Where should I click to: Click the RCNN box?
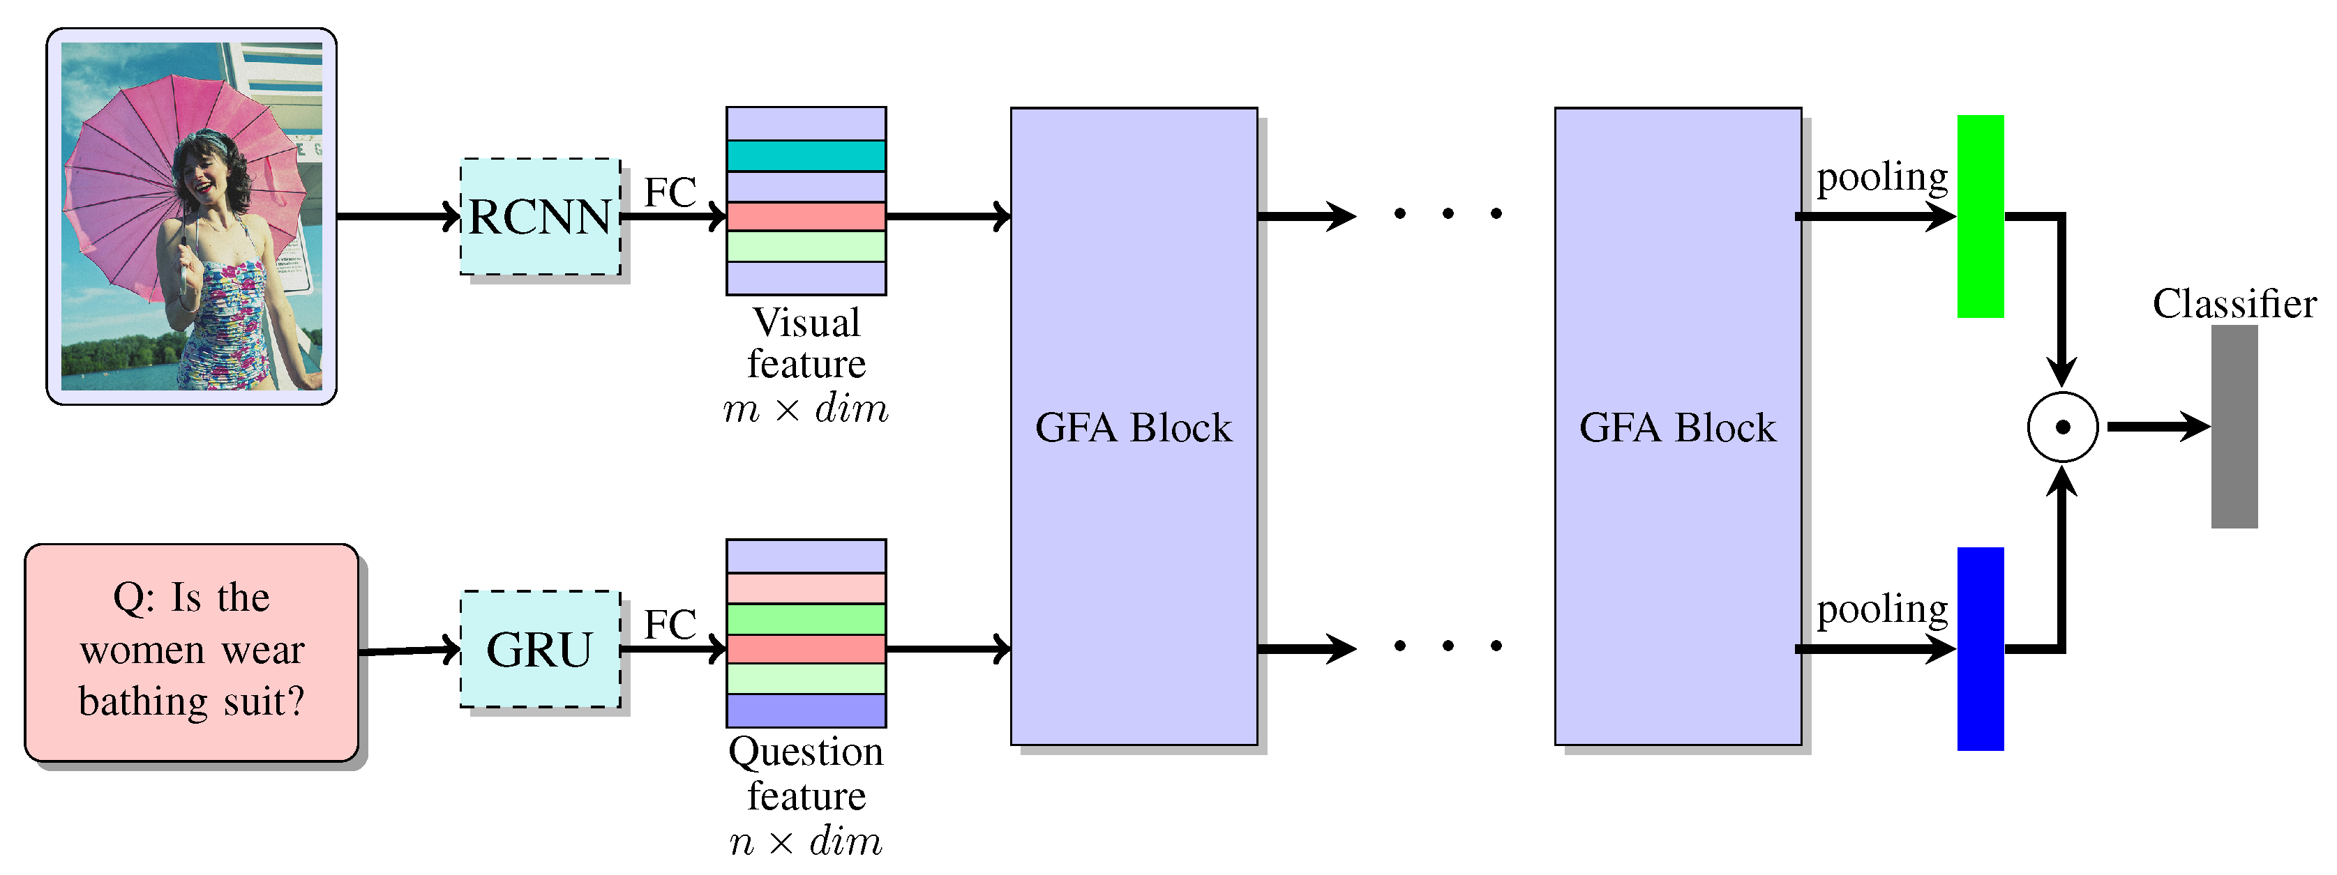[x=541, y=217]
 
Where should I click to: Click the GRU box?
[x=541, y=649]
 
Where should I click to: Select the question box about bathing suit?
[x=191, y=652]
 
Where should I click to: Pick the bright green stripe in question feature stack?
[x=806, y=619]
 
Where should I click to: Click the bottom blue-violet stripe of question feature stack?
[x=806, y=710]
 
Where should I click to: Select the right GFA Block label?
[x=1678, y=428]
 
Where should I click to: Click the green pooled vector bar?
[x=1980, y=217]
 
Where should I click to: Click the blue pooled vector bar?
[x=1980, y=649]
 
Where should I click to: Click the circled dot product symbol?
[x=2062, y=427]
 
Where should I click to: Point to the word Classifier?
[x=2234, y=304]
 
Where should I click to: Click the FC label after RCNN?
[x=670, y=192]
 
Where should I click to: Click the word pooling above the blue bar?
[x=1881, y=609]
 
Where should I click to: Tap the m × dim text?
[x=806, y=410]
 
